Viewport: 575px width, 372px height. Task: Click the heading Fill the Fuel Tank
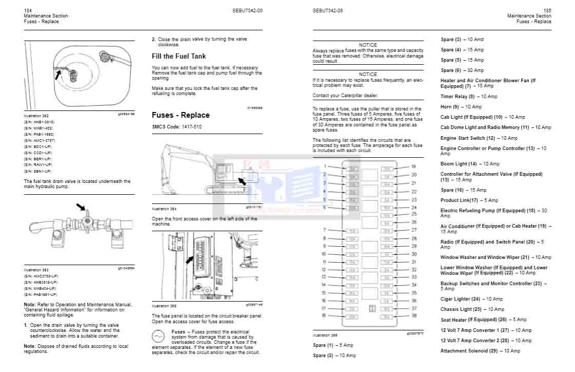point(179,56)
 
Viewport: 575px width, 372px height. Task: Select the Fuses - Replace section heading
point(180,115)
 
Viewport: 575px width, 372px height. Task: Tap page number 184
point(28,10)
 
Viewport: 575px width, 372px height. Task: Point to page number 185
point(547,10)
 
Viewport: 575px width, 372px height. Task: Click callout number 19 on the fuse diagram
point(414,166)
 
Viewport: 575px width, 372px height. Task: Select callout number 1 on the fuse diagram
point(325,166)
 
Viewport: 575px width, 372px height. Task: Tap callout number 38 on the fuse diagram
point(414,316)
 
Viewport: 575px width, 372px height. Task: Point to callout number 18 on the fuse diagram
point(324,316)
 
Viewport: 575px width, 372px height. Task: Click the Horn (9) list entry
point(461,107)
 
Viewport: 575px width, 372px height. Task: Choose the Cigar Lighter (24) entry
point(471,299)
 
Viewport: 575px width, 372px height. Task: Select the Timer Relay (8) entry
point(469,97)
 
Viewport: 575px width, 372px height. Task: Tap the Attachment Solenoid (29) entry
point(480,351)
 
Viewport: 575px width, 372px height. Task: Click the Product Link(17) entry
point(469,200)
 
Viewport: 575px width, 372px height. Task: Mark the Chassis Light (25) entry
point(472,309)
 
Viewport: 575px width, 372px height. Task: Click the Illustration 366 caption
point(325,335)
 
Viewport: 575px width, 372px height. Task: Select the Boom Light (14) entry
point(470,164)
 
